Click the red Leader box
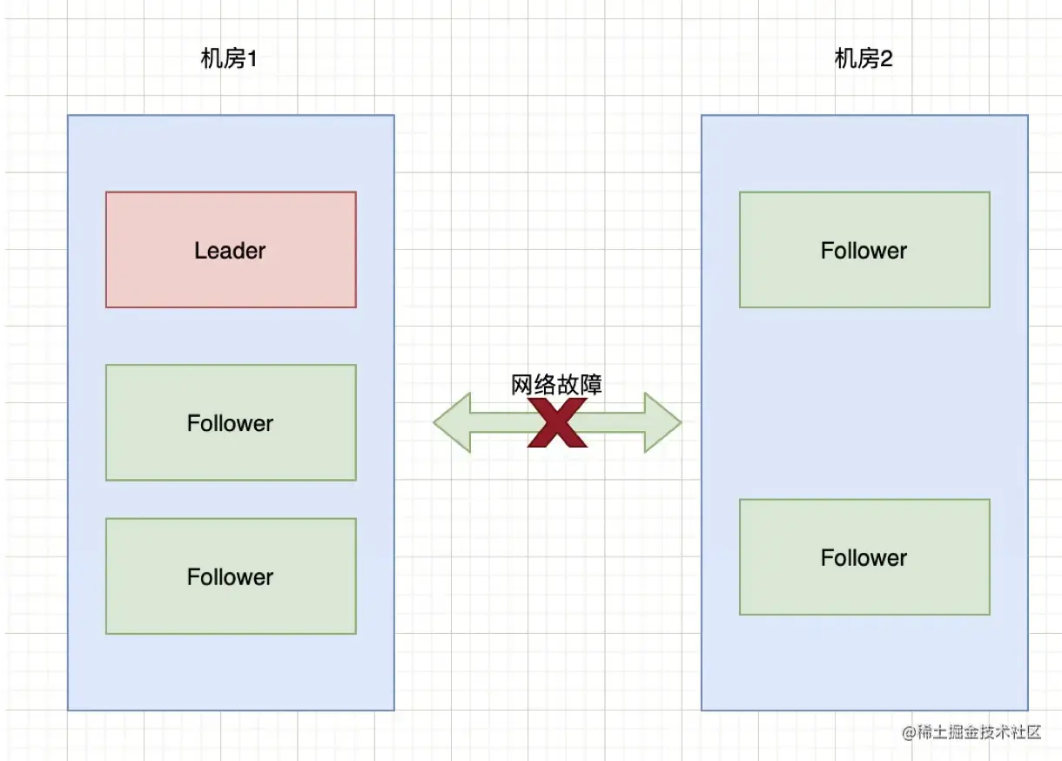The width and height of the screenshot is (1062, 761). [x=231, y=250]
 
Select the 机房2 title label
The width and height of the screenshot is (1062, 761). [x=864, y=59]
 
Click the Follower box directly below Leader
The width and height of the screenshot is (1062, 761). [x=231, y=422]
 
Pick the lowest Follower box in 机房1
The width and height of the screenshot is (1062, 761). [x=231, y=576]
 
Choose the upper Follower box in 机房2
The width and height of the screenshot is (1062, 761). [x=864, y=250]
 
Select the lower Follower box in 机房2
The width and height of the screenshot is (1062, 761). [x=864, y=557]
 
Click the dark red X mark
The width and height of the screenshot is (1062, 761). [x=557, y=423]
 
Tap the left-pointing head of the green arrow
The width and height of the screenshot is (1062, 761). [x=452, y=423]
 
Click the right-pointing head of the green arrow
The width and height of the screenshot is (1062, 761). [x=662, y=423]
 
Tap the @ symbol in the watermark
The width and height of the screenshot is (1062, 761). [x=910, y=732]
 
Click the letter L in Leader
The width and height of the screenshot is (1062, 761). [x=199, y=251]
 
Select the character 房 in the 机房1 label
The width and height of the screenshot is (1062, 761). [x=232, y=59]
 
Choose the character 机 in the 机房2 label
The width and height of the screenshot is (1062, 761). [x=844, y=59]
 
